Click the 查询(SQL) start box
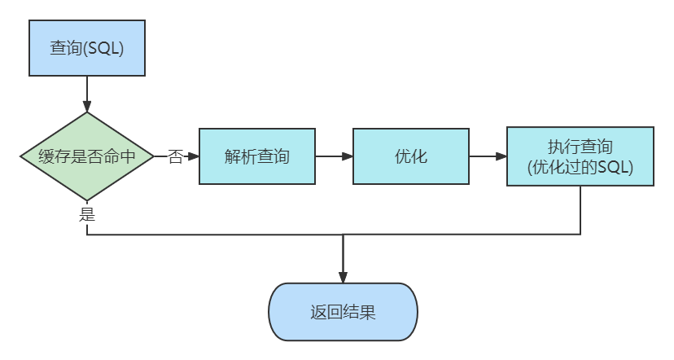(x=86, y=48)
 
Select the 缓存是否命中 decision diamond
(x=86, y=156)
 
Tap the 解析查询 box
(x=256, y=156)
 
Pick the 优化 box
(x=410, y=156)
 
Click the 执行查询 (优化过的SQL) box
(x=580, y=156)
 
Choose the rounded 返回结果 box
(x=343, y=312)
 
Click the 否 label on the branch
(x=175, y=156)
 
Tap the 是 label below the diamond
(x=87, y=214)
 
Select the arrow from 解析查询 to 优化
(x=334, y=156)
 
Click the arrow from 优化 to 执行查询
(x=488, y=156)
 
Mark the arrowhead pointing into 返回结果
(x=343, y=277)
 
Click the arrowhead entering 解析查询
(x=194, y=156)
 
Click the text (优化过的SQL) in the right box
(x=580, y=168)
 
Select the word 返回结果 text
(x=343, y=312)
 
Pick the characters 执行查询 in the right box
(x=580, y=147)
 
